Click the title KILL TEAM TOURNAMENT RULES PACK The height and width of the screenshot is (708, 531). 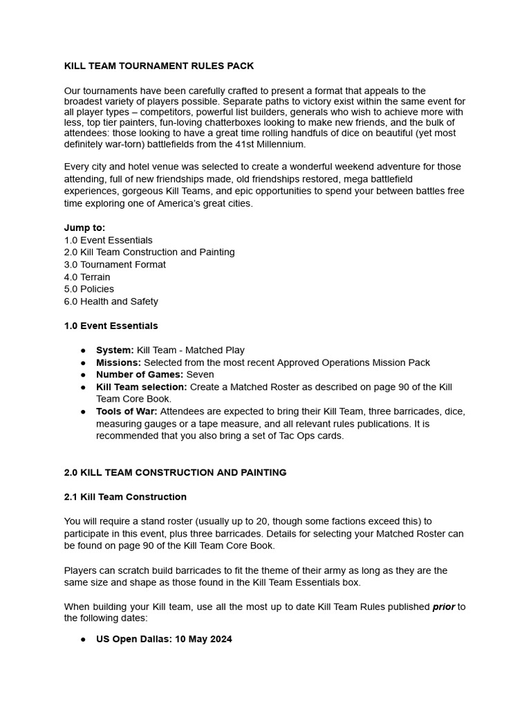pos(159,66)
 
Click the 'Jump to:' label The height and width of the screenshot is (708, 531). pos(84,227)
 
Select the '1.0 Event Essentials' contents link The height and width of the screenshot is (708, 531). pos(108,240)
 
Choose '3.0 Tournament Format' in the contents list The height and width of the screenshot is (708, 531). pos(115,264)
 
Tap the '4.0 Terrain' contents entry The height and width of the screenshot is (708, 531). pos(87,277)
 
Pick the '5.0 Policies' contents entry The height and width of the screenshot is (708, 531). pos(89,289)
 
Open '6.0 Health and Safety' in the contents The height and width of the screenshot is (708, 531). pos(111,301)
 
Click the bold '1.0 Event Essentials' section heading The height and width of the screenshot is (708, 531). pos(111,326)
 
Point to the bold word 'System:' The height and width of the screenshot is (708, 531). pos(115,351)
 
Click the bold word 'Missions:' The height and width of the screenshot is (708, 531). pos(118,362)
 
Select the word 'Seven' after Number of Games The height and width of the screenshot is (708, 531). pos(201,375)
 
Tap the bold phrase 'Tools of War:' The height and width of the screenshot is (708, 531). pos(127,411)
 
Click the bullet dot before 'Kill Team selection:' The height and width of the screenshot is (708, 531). pos(83,387)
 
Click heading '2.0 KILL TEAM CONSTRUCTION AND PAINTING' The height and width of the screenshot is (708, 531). pos(175,473)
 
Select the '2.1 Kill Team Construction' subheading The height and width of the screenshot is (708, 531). pos(125,497)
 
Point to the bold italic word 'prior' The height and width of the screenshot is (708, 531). pos(444,607)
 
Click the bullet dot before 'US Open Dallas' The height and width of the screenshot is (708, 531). pos(83,640)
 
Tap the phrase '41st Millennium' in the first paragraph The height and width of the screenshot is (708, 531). pos(270,145)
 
